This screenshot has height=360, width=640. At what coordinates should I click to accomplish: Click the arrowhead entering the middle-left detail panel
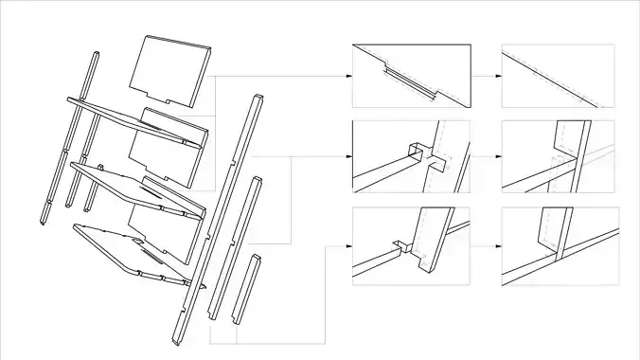click(x=347, y=153)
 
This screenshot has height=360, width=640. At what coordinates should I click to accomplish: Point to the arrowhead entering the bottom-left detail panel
click(x=347, y=245)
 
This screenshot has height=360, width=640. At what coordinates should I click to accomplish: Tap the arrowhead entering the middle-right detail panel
click(x=497, y=153)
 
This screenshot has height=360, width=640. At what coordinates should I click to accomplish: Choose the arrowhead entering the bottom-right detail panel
click(x=497, y=245)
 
